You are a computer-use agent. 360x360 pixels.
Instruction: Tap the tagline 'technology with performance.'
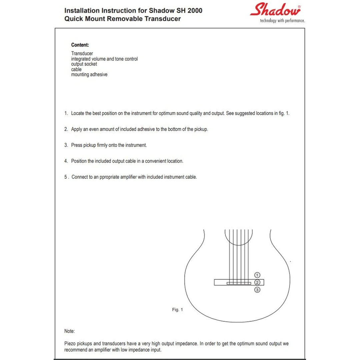[x=282, y=21]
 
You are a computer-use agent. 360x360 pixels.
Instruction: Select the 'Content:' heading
[x=80, y=45]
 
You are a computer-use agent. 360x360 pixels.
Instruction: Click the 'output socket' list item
[x=84, y=64]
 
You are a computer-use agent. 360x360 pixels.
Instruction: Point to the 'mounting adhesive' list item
[x=89, y=75]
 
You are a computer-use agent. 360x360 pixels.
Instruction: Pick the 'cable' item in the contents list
[x=76, y=69]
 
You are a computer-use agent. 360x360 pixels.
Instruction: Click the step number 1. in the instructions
[x=66, y=113]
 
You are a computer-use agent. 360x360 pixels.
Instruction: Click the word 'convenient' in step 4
[x=157, y=161]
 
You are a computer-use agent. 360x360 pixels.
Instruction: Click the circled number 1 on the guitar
[x=257, y=275]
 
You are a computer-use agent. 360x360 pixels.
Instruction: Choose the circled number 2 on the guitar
[x=257, y=282]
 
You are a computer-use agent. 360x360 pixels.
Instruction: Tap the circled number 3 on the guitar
[x=257, y=290]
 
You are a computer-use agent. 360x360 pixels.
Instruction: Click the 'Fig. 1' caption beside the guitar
[x=177, y=310]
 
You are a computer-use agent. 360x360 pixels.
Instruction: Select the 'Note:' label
[x=69, y=331]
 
